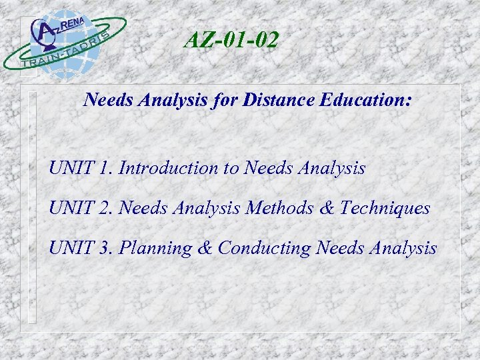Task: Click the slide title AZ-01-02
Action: [231, 41]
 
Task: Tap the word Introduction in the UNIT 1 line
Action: [169, 169]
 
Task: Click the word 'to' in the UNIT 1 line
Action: [232, 169]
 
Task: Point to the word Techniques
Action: [385, 209]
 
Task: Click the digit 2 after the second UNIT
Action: [107, 209]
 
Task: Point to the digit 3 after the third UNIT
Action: [107, 249]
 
